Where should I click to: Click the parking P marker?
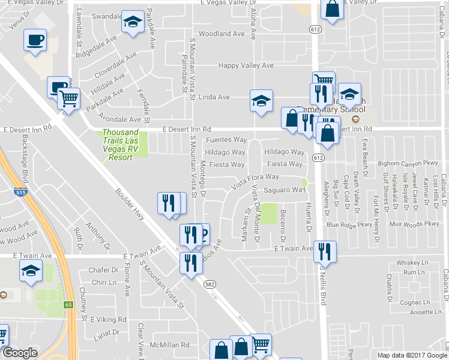[203, 233]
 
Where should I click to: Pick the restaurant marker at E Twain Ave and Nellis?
[325, 251]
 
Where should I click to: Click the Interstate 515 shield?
[20, 192]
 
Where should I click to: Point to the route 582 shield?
[209, 284]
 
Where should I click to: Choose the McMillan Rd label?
[170, 345]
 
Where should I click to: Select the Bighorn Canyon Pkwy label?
[411, 163]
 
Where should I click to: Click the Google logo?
[20, 353]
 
